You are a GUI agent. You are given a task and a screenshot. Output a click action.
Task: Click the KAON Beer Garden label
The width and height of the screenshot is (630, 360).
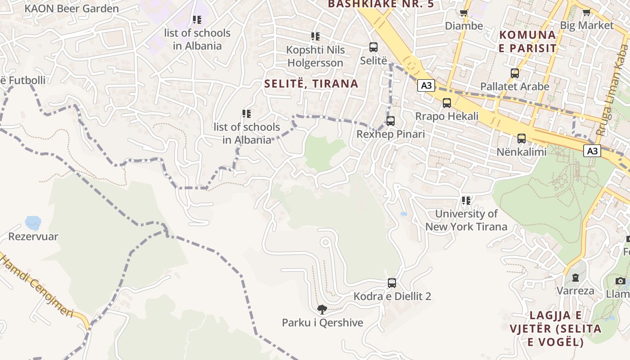tap(72, 9)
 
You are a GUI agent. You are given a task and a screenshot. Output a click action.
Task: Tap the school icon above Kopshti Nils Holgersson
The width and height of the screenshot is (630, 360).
tap(315, 36)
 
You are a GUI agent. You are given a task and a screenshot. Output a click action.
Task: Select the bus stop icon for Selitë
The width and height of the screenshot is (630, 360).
tap(373, 47)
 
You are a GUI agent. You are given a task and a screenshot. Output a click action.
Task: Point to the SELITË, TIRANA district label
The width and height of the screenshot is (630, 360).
tap(311, 84)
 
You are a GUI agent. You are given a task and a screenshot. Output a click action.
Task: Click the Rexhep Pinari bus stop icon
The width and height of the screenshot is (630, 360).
tap(391, 121)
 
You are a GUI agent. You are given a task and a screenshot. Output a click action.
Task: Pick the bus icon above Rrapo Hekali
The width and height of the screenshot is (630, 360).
tap(447, 103)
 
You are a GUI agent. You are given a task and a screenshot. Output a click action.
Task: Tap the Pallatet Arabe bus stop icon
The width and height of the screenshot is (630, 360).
tap(515, 73)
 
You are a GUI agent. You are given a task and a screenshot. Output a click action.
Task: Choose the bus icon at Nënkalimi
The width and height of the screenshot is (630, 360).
tap(522, 138)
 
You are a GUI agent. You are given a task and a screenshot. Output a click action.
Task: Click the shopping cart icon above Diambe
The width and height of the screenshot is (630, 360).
tap(463, 13)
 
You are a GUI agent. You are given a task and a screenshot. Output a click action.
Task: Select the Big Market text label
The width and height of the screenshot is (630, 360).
tap(587, 26)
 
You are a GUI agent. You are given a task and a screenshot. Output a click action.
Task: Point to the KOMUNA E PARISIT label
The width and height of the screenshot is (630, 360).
tap(527, 41)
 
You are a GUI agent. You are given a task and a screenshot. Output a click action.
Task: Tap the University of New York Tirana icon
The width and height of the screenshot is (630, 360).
tap(466, 200)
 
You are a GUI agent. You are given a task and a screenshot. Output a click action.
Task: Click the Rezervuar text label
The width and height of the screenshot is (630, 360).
tap(33, 237)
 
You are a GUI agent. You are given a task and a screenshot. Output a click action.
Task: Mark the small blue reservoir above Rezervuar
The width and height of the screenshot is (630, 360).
tap(33, 222)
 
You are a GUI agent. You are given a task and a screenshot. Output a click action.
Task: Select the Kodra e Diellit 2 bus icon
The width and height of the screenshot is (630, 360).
tap(392, 283)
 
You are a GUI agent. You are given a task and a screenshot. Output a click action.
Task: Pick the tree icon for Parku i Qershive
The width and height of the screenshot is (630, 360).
tap(322, 309)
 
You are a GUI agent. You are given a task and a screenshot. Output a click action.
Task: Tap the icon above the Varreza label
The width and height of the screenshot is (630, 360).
tap(575, 277)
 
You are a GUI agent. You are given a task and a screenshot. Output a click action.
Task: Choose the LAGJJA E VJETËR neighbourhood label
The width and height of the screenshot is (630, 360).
tap(555, 328)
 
